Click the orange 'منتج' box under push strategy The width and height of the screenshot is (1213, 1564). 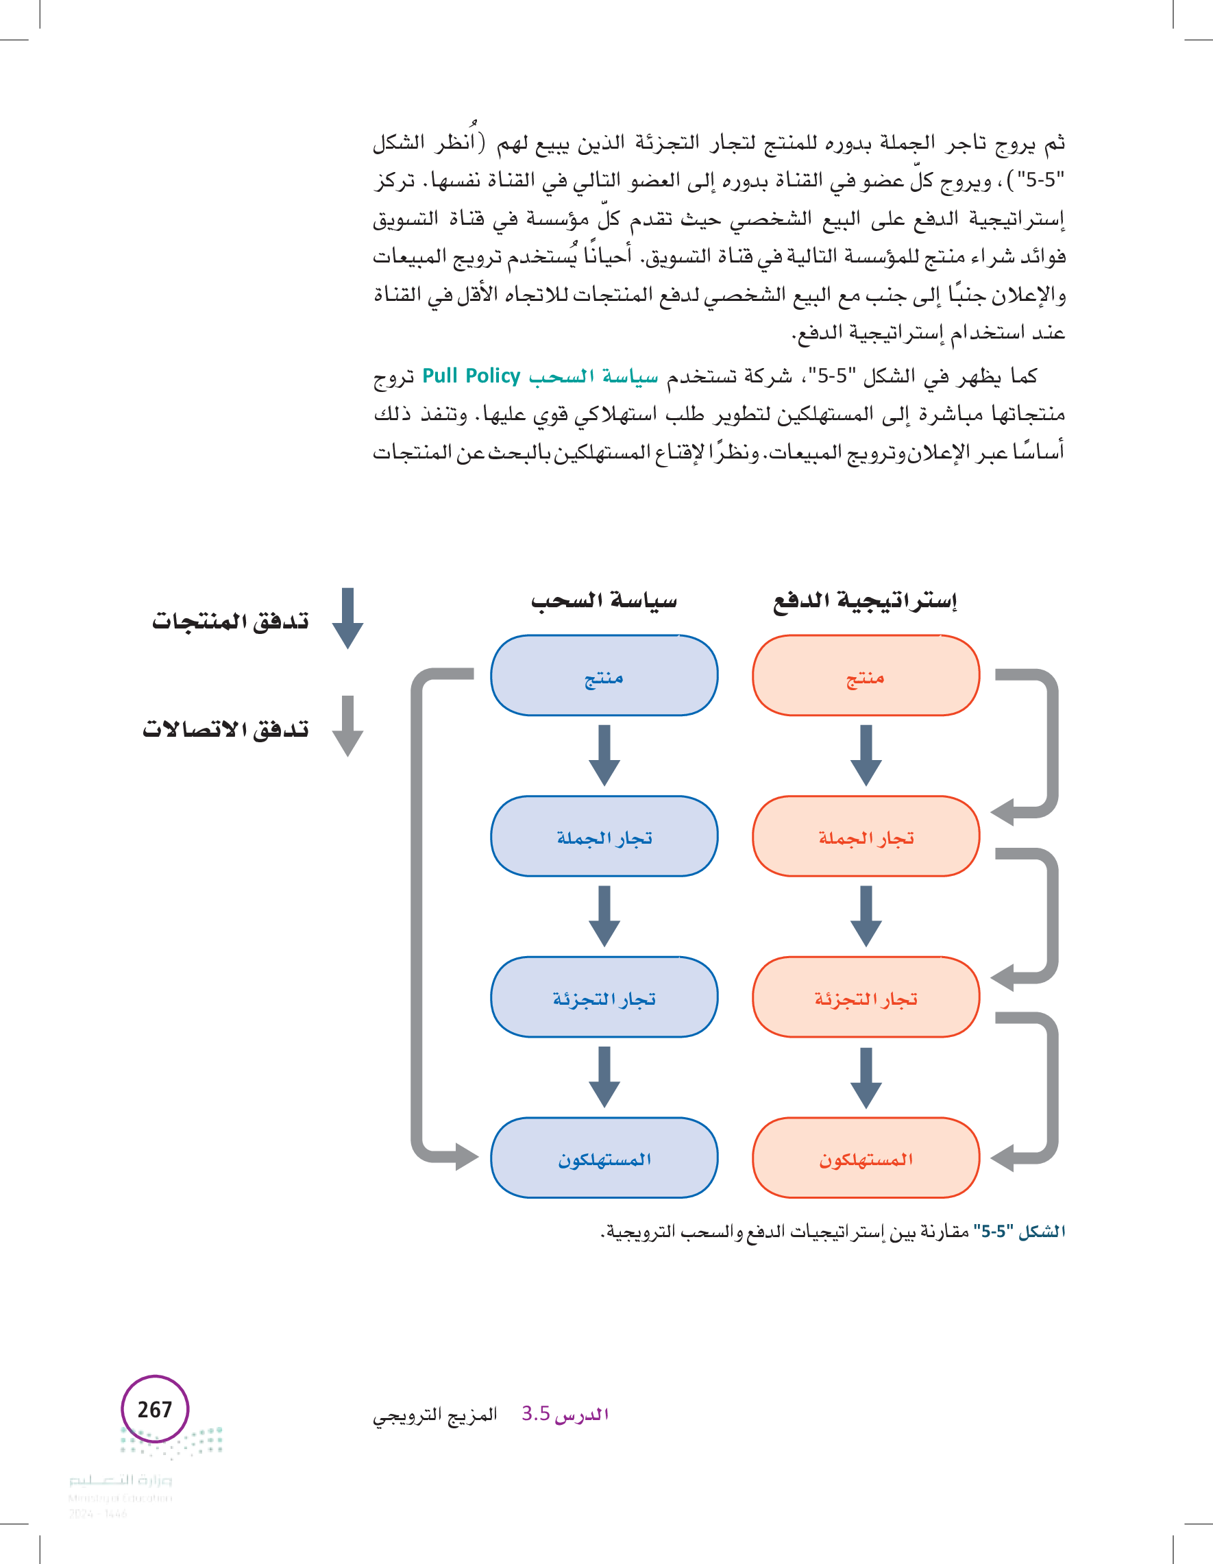[x=865, y=675]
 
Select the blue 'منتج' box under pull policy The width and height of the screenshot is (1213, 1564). [x=604, y=675]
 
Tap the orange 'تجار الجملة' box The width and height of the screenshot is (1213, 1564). [x=865, y=835]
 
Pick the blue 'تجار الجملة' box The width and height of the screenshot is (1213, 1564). [x=604, y=835]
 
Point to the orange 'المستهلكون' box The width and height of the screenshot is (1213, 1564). [x=865, y=1158]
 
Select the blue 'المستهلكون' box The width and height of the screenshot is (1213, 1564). [x=604, y=1158]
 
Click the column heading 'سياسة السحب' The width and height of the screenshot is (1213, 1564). [x=604, y=600]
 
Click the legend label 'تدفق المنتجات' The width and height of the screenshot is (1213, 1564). [x=230, y=620]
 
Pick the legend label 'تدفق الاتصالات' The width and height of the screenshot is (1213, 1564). [x=225, y=729]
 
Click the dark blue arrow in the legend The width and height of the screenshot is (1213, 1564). [x=347, y=618]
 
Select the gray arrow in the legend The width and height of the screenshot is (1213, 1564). [x=347, y=725]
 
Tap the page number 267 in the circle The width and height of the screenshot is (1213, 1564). [x=155, y=1409]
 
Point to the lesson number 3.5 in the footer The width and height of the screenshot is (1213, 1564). [x=536, y=1414]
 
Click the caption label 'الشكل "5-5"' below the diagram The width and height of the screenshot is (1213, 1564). [x=1020, y=1232]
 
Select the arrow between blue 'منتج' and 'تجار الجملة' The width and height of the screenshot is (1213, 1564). [x=604, y=755]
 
